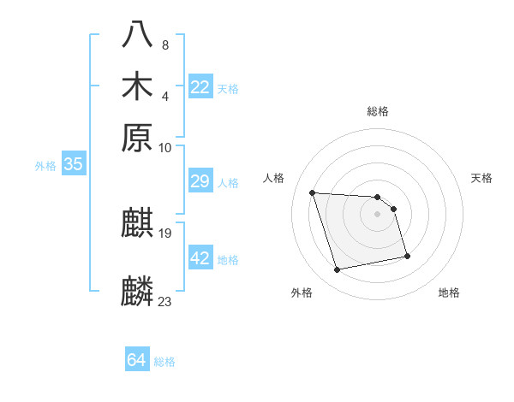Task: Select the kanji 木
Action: [139, 87]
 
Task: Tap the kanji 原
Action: [139, 137]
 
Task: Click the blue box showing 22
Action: [200, 87]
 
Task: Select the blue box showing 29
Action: [200, 181]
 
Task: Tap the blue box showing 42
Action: [200, 257]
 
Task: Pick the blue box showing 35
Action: [73, 165]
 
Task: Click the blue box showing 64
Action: [137, 360]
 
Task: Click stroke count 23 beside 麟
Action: [165, 301]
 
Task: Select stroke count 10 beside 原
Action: [165, 147]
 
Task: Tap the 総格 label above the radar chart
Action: [377, 111]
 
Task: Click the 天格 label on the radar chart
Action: [481, 178]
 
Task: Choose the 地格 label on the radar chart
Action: [449, 293]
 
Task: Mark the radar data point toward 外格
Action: [338, 270]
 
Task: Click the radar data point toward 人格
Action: [313, 192]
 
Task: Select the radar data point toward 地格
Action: [407, 256]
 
